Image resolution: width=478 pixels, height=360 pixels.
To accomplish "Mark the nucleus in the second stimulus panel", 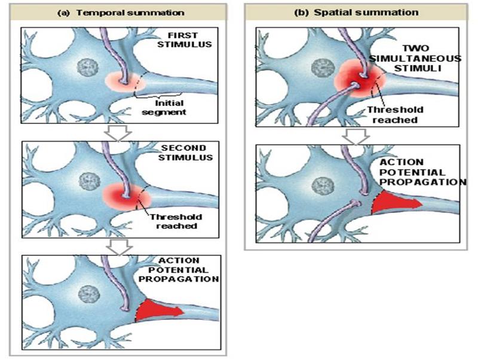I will [x=89, y=181].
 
